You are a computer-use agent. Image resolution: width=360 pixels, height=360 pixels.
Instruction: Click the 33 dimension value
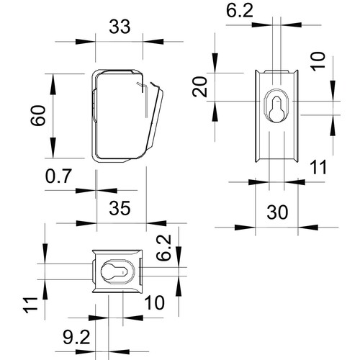(x=120, y=27)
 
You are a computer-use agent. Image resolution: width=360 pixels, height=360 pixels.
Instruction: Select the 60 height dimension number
(x=38, y=115)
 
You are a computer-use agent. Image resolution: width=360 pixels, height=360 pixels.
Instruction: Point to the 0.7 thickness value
(x=58, y=176)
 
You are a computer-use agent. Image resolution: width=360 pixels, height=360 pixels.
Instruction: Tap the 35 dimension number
(x=120, y=208)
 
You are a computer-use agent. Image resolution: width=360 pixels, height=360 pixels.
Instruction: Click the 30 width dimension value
(x=277, y=212)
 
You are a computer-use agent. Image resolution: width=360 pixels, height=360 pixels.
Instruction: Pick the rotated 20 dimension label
(x=199, y=86)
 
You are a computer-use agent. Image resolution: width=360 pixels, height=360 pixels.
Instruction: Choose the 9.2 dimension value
(x=76, y=337)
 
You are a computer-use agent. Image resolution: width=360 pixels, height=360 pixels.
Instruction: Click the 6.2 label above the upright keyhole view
(x=240, y=11)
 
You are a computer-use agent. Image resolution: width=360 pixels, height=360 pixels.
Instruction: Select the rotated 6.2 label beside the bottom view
(x=163, y=248)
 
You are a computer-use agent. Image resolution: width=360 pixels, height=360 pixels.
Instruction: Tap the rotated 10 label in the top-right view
(x=318, y=61)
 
